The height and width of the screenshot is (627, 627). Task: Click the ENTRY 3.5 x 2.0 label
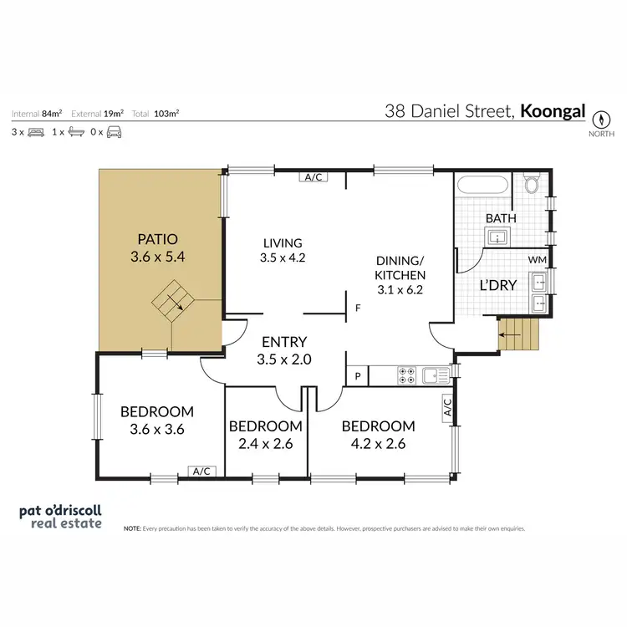tap(284, 349)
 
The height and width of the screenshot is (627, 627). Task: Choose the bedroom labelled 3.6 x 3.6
tap(157, 421)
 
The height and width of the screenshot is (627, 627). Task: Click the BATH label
tap(501, 218)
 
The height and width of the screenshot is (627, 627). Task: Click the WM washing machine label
tap(538, 261)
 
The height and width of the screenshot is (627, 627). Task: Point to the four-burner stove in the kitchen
tap(407, 376)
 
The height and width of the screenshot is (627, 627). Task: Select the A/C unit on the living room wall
tap(314, 177)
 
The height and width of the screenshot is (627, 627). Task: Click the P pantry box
tap(357, 377)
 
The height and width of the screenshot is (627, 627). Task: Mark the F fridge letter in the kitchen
tap(357, 308)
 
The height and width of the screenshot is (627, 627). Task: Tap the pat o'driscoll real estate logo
tap(60, 517)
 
